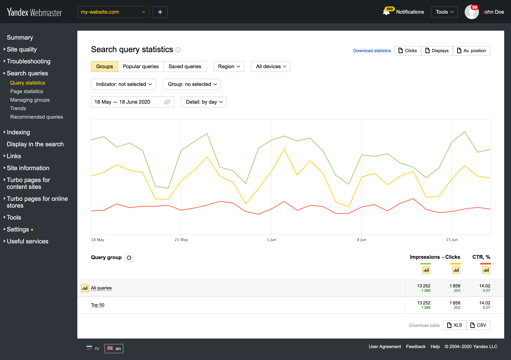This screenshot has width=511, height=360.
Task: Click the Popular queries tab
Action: pos(141,66)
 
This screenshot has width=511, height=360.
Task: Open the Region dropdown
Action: pos(229,66)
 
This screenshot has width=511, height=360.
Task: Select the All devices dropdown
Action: pos(271,66)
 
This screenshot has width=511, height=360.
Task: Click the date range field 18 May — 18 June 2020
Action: pos(132,102)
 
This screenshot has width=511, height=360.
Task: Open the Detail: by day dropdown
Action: pos(204,102)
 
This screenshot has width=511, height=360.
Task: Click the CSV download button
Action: pos(478,325)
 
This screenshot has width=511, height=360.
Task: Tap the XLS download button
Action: pos(454,325)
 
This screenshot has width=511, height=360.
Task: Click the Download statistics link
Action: pos(372,51)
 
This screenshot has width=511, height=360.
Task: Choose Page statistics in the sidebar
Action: pos(27,91)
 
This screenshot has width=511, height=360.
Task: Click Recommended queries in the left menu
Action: pos(36,117)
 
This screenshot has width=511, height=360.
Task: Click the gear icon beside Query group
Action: pos(129,258)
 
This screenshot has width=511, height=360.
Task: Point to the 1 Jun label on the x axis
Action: pos(272,240)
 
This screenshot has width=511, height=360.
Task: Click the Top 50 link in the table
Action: pos(97,305)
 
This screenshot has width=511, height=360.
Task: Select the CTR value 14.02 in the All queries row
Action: pos(484,286)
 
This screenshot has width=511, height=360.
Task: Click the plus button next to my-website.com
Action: pos(160,12)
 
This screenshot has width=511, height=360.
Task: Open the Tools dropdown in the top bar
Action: pos(444,12)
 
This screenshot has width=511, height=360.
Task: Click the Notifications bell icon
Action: pos(386,12)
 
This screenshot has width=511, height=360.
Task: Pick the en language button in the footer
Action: pos(114,348)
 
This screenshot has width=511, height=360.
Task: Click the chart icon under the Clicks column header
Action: pos(456,270)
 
